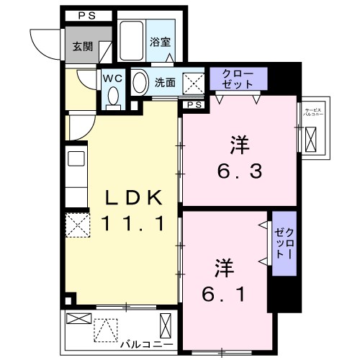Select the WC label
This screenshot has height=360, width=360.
click(x=112, y=77)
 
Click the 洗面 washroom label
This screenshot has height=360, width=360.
click(x=166, y=82)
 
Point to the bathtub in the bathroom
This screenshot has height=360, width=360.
click(x=132, y=41)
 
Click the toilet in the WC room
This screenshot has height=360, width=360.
click(x=112, y=96)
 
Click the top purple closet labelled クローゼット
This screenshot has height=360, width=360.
click(x=238, y=78)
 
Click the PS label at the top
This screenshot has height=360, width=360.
click(x=85, y=15)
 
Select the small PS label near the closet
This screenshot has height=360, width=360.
click(x=194, y=104)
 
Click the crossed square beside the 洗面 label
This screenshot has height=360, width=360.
click(x=192, y=82)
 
